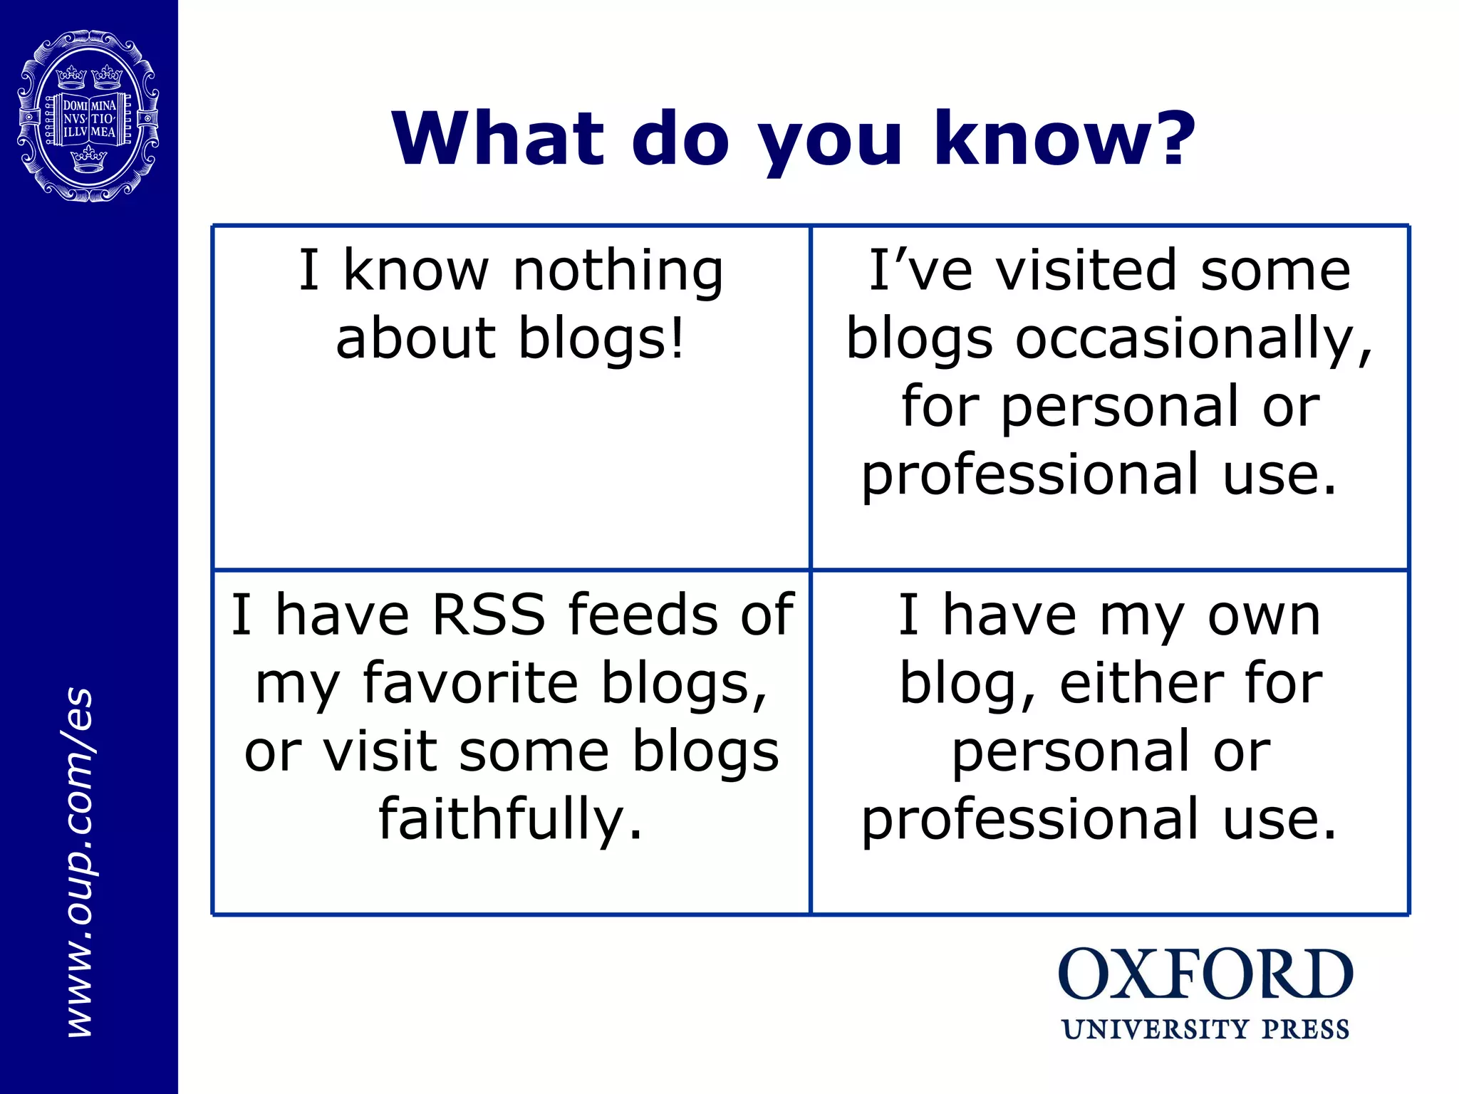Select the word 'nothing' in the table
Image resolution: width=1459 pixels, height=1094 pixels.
(618, 272)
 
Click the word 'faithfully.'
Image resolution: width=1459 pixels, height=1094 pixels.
(510, 819)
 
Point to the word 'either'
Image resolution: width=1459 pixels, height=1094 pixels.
(1140, 683)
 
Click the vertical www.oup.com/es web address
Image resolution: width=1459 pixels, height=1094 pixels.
(79, 862)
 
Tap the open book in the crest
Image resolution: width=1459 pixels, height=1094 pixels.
(89, 119)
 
